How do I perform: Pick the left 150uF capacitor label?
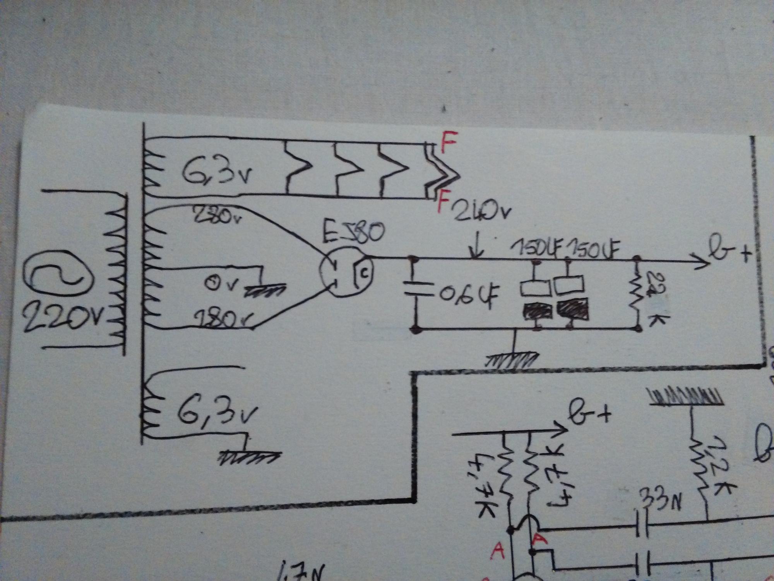click(x=536, y=252)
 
